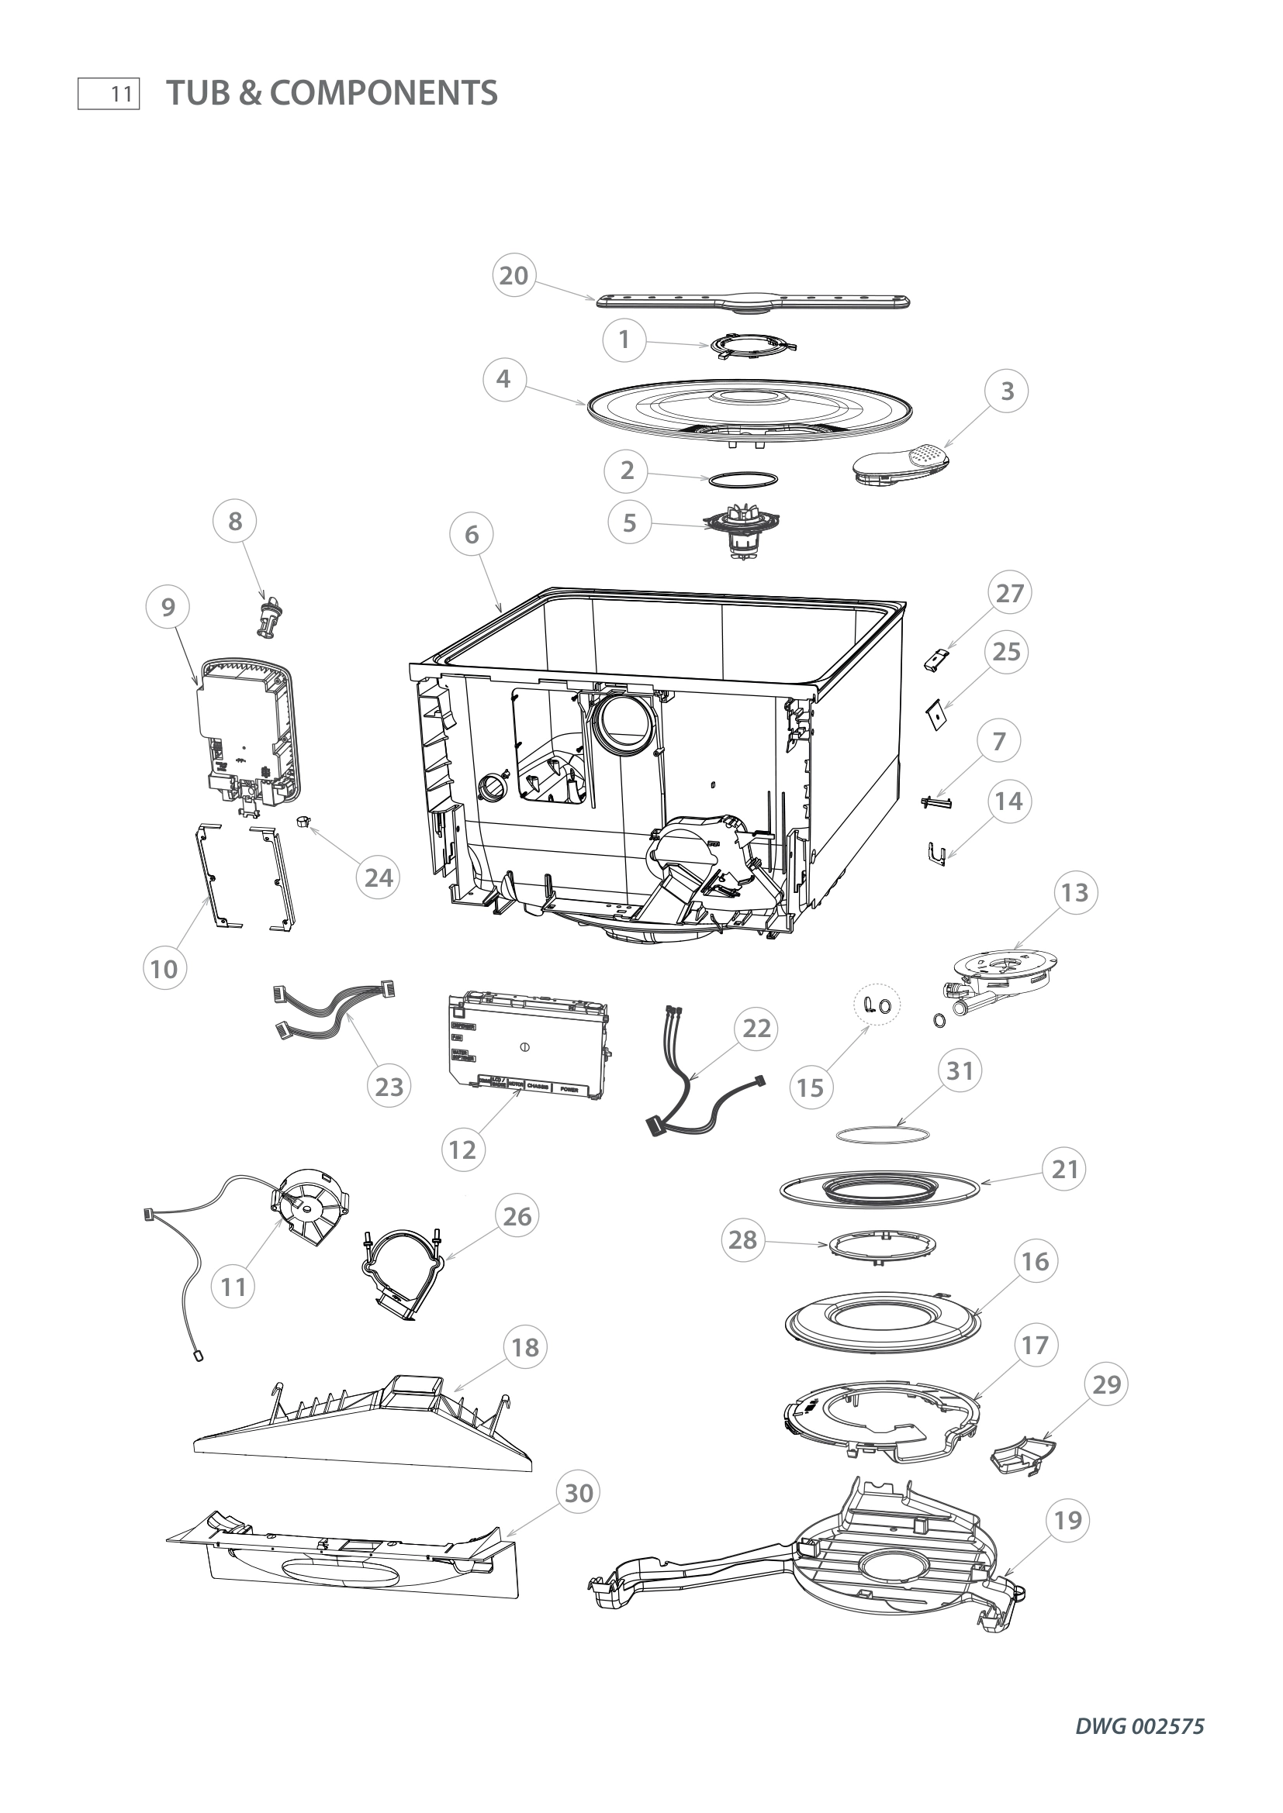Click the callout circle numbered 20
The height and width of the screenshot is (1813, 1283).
[x=514, y=276]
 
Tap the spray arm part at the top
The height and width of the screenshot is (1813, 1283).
[x=753, y=302]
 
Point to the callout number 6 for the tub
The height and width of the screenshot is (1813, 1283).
[x=472, y=535]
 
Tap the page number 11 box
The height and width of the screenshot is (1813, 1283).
[x=109, y=94]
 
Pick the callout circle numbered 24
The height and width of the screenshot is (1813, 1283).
[x=379, y=877]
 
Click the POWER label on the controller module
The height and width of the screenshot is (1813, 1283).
[x=569, y=1090]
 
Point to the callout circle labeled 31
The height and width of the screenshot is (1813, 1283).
[x=959, y=1070]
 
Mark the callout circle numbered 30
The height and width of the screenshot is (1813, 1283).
[x=579, y=1493]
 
